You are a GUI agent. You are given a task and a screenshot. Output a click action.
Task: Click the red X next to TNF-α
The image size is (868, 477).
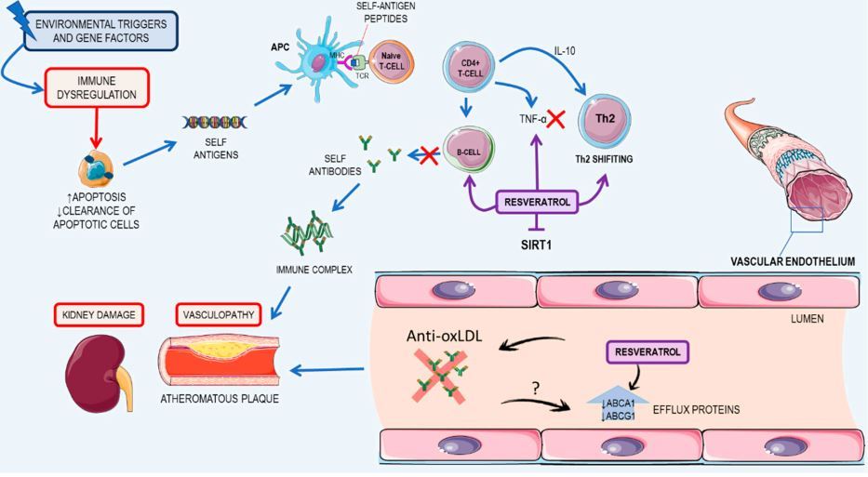[556, 120]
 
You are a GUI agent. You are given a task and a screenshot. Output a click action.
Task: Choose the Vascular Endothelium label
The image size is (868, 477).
[787, 262]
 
